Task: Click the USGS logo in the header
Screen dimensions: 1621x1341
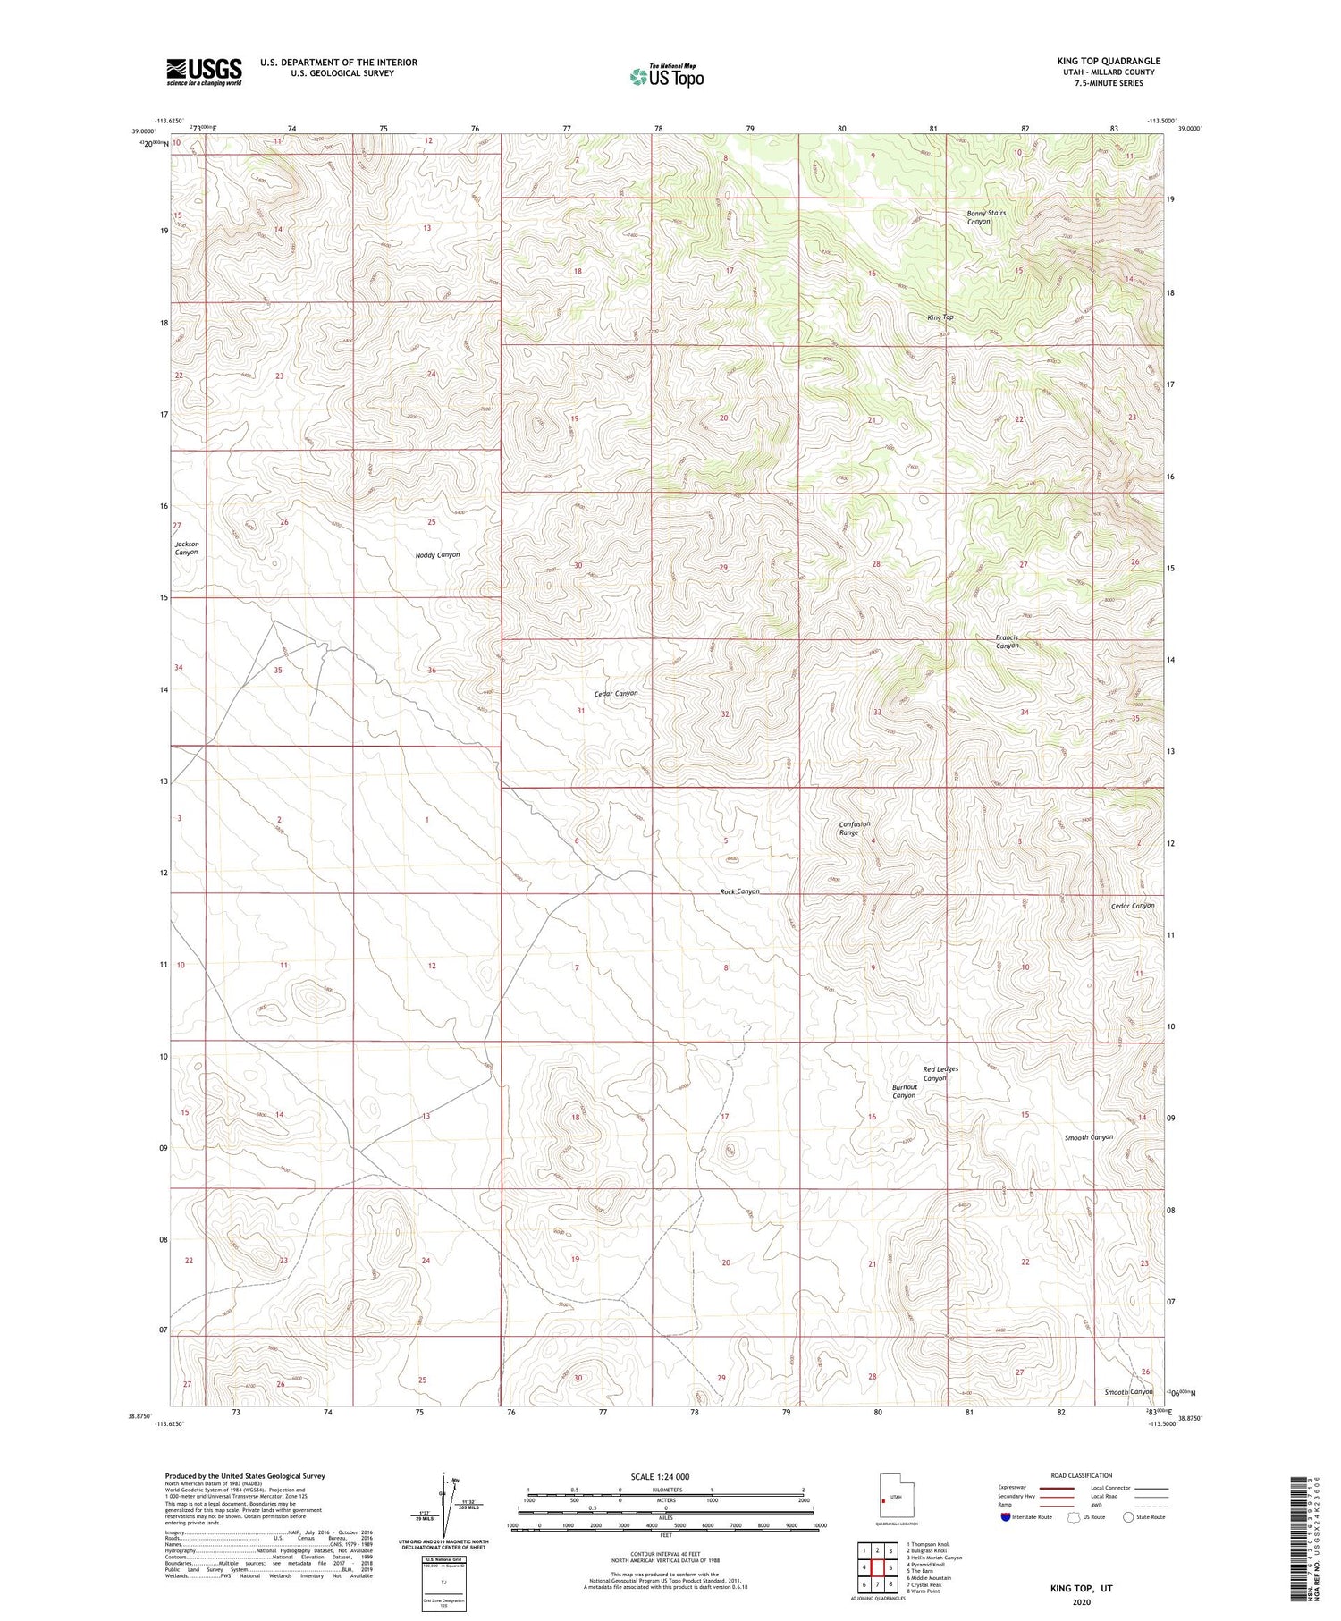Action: point(204,72)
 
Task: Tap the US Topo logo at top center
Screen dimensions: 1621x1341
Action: point(666,76)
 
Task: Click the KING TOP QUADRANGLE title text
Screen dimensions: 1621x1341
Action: point(1108,61)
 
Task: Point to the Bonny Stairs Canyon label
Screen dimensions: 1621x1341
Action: point(985,217)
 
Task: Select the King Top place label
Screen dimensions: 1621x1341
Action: point(940,317)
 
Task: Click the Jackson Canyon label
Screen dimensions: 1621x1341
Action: point(186,548)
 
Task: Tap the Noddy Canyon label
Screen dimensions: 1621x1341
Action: point(437,555)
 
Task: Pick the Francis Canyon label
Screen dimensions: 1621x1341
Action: point(1007,642)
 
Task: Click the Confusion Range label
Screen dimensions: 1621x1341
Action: point(854,828)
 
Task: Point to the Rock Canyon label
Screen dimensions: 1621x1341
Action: point(739,891)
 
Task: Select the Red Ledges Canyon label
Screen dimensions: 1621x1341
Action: point(940,1074)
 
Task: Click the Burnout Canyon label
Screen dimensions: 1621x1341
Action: point(903,1092)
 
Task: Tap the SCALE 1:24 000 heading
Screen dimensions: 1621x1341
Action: point(660,1476)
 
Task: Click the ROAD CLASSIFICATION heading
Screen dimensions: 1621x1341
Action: point(1081,1475)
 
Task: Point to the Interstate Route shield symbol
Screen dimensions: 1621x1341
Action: point(1006,1517)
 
